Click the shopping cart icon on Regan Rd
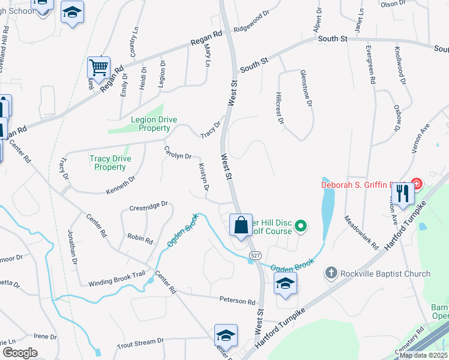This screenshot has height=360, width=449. coord(98,67)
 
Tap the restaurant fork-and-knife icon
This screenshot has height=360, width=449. coord(403,193)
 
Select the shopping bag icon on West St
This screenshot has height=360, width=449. coord(241,226)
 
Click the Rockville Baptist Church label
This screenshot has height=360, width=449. coord(384,274)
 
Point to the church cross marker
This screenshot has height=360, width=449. coord(330,274)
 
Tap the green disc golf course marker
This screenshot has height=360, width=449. coord(302,226)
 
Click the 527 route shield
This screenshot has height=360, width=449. coord(255,256)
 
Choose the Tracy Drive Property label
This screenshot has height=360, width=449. coord(107,163)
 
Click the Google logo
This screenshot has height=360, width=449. coord(19,353)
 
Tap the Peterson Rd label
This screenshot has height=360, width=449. coord(237,301)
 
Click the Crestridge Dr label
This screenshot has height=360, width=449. coord(148,206)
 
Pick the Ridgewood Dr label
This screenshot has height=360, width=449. coord(252,23)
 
